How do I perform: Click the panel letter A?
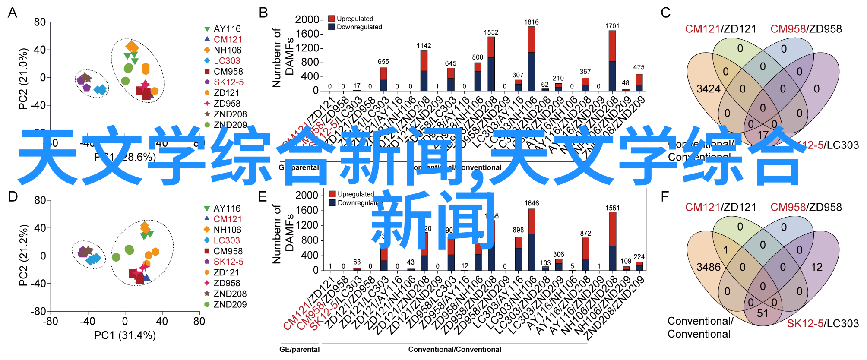(x=13, y=13)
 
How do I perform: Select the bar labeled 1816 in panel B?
(x=531, y=59)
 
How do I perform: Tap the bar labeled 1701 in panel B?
(x=612, y=60)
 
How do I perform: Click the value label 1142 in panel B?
(x=424, y=46)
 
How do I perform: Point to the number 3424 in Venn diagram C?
(x=709, y=89)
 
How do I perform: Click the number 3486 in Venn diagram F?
(x=709, y=267)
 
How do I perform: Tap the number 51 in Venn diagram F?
(x=763, y=313)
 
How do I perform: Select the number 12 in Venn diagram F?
(x=816, y=267)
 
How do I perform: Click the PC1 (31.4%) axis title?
(x=125, y=335)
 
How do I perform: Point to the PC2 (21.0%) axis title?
(x=23, y=78)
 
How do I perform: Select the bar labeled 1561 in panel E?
(x=612, y=241)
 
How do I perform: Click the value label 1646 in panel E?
(x=532, y=203)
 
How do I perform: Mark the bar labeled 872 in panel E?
(x=585, y=254)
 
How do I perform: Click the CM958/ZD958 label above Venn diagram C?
(x=806, y=29)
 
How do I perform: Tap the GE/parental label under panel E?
(x=299, y=349)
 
